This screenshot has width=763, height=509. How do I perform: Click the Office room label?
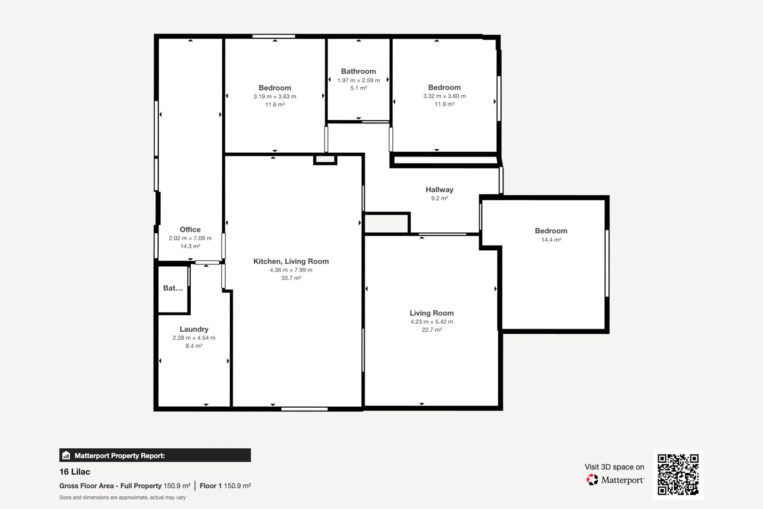point(190,230)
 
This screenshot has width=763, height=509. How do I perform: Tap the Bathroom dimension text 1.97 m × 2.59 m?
point(358,80)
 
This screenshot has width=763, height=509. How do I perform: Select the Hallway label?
point(439,189)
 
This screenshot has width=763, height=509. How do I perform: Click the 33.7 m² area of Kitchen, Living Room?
point(291,278)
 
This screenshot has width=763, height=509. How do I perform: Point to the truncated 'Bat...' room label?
point(172,288)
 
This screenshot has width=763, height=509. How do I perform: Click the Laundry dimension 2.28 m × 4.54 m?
point(194,338)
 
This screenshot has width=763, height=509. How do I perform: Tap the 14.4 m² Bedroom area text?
point(551,240)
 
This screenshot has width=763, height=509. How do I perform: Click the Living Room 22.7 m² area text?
point(431,330)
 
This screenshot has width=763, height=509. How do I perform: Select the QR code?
point(678,475)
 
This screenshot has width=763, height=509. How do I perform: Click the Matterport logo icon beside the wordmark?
point(592,480)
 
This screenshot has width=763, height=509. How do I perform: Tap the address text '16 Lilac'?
point(75,472)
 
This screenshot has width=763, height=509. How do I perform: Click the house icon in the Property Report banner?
point(66,455)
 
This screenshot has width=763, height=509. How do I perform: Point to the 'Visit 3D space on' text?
point(614,467)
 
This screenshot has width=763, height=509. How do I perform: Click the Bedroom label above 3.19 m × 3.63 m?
point(275,88)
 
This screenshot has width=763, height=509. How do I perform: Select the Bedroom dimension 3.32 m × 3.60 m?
point(444,96)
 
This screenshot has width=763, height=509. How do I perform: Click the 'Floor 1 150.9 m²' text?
point(225,486)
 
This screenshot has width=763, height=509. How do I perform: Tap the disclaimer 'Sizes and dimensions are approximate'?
point(122,498)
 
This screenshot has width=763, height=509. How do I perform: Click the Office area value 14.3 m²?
point(190,246)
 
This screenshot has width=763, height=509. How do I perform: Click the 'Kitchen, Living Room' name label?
point(291,261)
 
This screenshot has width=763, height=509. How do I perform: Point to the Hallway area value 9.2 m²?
point(439,198)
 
